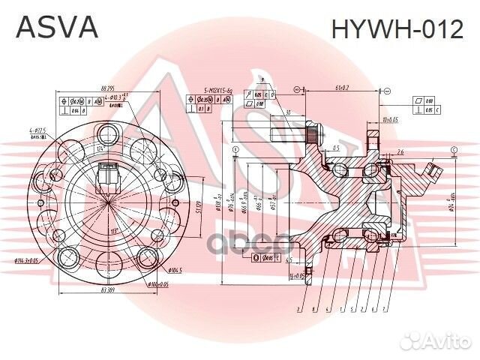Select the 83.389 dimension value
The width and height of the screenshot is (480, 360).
click(x=106, y=289)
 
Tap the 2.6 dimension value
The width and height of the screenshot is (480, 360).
click(x=400, y=152)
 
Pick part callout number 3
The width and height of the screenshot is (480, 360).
click(x=298, y=309)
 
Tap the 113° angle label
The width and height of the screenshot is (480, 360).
click(x=113, y=230)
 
